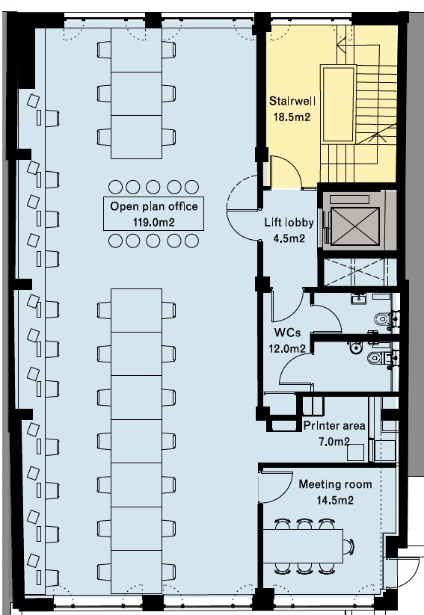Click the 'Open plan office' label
153,207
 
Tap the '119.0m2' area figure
153,223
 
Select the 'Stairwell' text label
292,101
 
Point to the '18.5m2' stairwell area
292,117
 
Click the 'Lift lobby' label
289,223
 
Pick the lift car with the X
355,226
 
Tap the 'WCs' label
287,333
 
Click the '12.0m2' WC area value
287,348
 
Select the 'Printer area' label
334,425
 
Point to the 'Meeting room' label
335,484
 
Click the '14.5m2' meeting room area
335,500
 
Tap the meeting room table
303,546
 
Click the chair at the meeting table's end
348,546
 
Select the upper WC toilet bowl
382,318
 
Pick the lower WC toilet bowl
375,358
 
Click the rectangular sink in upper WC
358,299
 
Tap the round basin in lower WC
356,347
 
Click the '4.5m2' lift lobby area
289,238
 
